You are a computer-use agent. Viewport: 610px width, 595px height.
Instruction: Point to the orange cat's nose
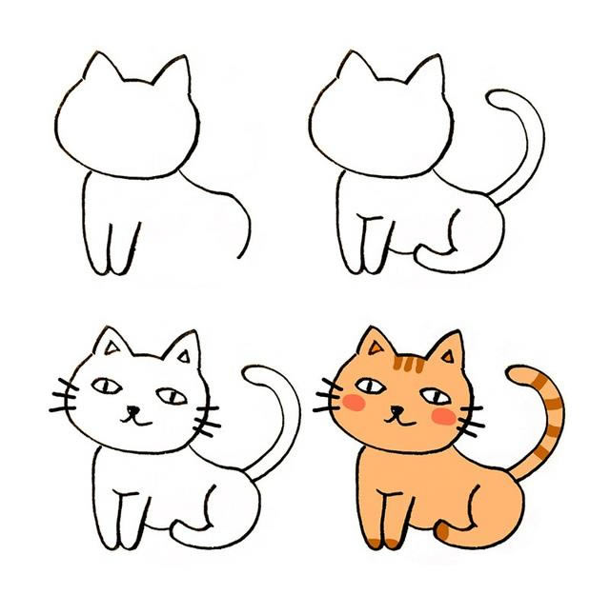click(393, 410)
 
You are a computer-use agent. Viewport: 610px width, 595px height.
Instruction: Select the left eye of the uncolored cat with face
click(106, 386)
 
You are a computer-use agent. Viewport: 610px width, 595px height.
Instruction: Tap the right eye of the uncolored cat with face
click(168, 394)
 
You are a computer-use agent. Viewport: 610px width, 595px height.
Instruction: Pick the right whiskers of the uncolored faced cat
click(207, 419)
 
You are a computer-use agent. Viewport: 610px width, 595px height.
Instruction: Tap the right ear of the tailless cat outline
click(174, 76)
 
